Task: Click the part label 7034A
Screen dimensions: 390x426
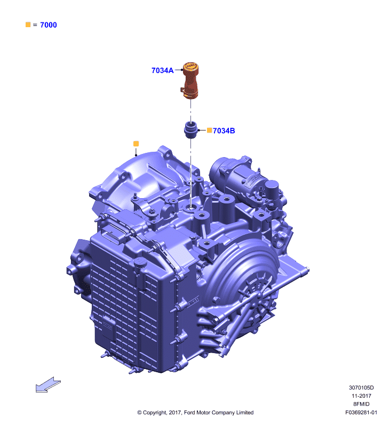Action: [163, 70]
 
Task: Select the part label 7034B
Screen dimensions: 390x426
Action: [224, 130]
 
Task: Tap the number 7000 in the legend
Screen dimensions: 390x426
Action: [49, 25]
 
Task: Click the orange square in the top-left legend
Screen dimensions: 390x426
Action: [28, 24]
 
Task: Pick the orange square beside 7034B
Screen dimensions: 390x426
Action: [209, 130]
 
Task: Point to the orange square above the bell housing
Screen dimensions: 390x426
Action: [136, 144]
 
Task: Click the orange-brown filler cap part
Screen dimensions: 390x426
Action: [190, 80]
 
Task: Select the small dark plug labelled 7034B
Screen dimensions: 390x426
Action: [190, 130]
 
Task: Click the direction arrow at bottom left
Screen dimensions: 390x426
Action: [48, 384]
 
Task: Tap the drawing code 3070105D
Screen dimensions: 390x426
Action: [361, 388]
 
